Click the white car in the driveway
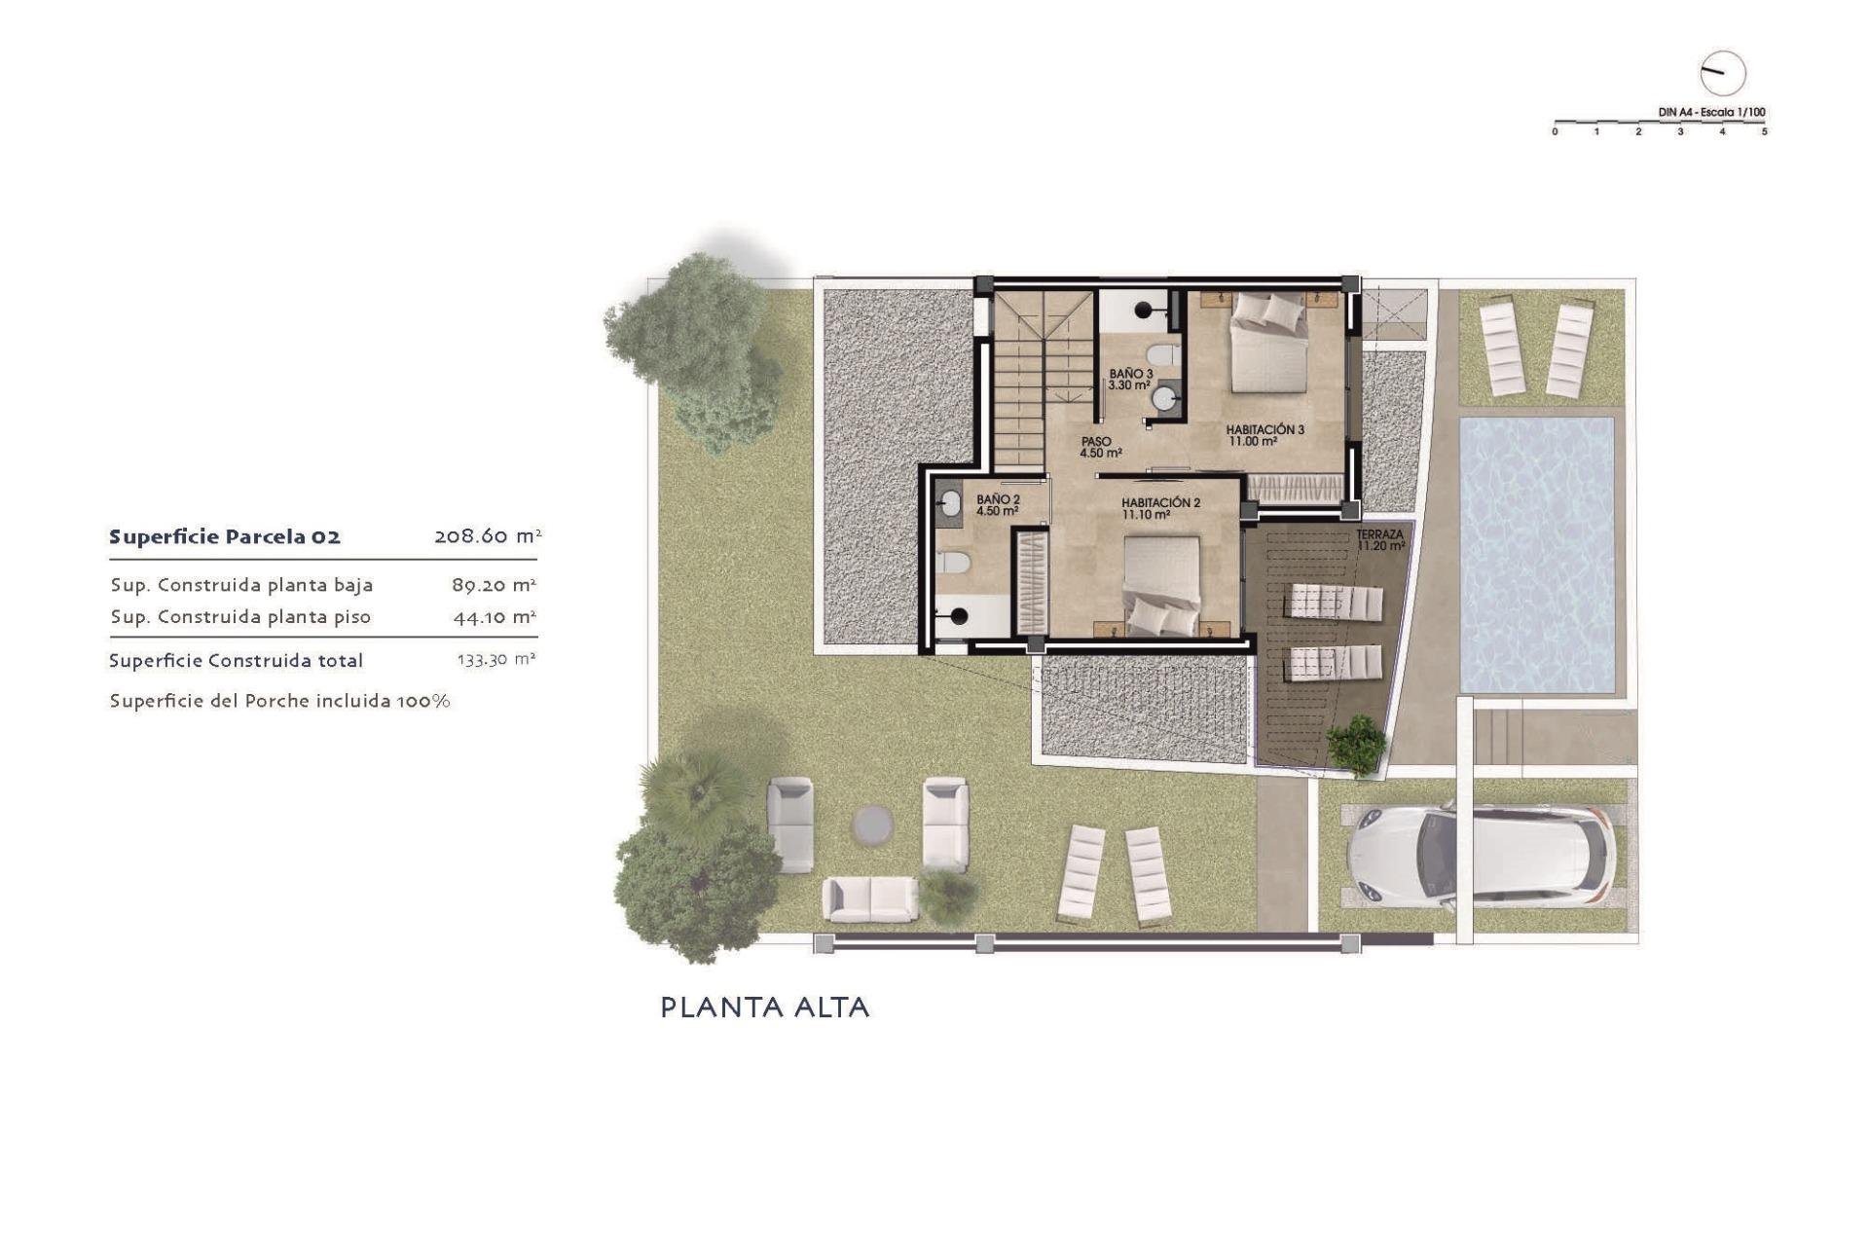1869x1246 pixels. [1480, 856]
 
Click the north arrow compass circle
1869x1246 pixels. [1722, 73]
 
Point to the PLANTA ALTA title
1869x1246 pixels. [765, 1008]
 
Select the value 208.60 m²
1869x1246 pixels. [487, 536]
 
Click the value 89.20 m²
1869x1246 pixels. [494, 585]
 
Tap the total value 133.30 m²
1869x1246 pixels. [495, 660]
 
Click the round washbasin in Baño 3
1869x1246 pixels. [1164, 397]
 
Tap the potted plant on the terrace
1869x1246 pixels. [1356, 745]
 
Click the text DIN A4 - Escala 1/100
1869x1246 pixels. [1711, 112]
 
